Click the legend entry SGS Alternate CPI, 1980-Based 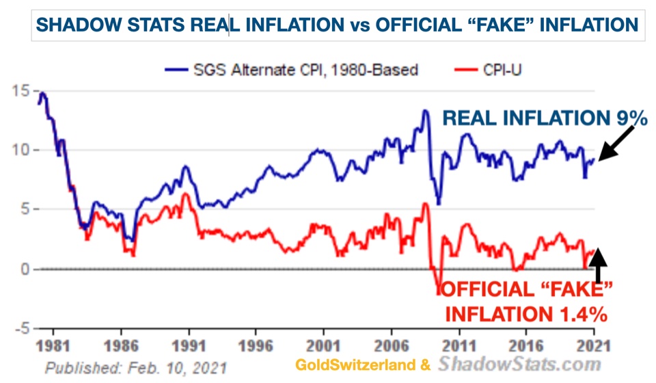tap(290, 69)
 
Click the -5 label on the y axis tap(18, 328)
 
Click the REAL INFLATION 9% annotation tap(544, 118)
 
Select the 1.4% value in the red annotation tap(580, 315)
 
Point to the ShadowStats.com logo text tap(520, 364)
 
